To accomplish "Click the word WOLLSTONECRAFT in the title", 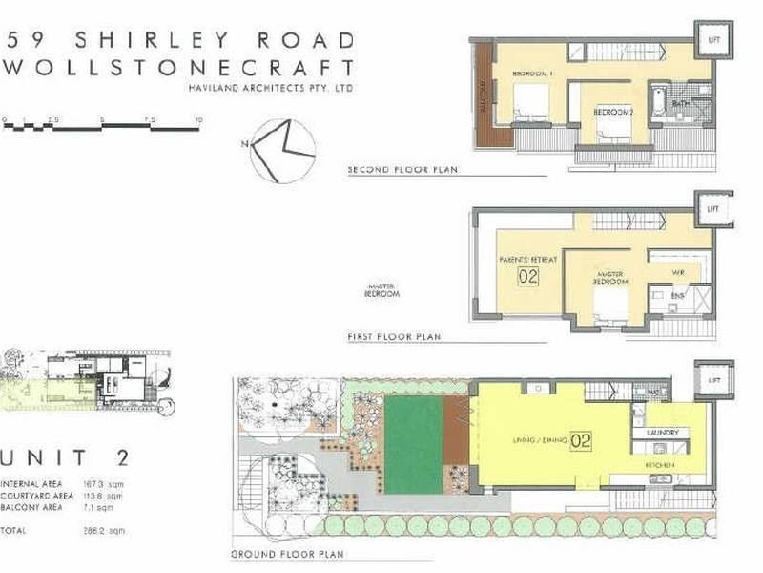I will pos(180,69).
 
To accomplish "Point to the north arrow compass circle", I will pos(283,150).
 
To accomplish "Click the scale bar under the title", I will pos(102,124).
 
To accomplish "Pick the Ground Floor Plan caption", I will pos(286,554).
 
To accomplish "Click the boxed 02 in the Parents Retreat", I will pos(527,278).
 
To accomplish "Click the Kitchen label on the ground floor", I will pos(661,465).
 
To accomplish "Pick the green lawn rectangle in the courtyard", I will pos(413,444).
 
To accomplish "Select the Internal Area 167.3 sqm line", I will pos(62,483).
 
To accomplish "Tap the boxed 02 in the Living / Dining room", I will pos(582,441).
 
